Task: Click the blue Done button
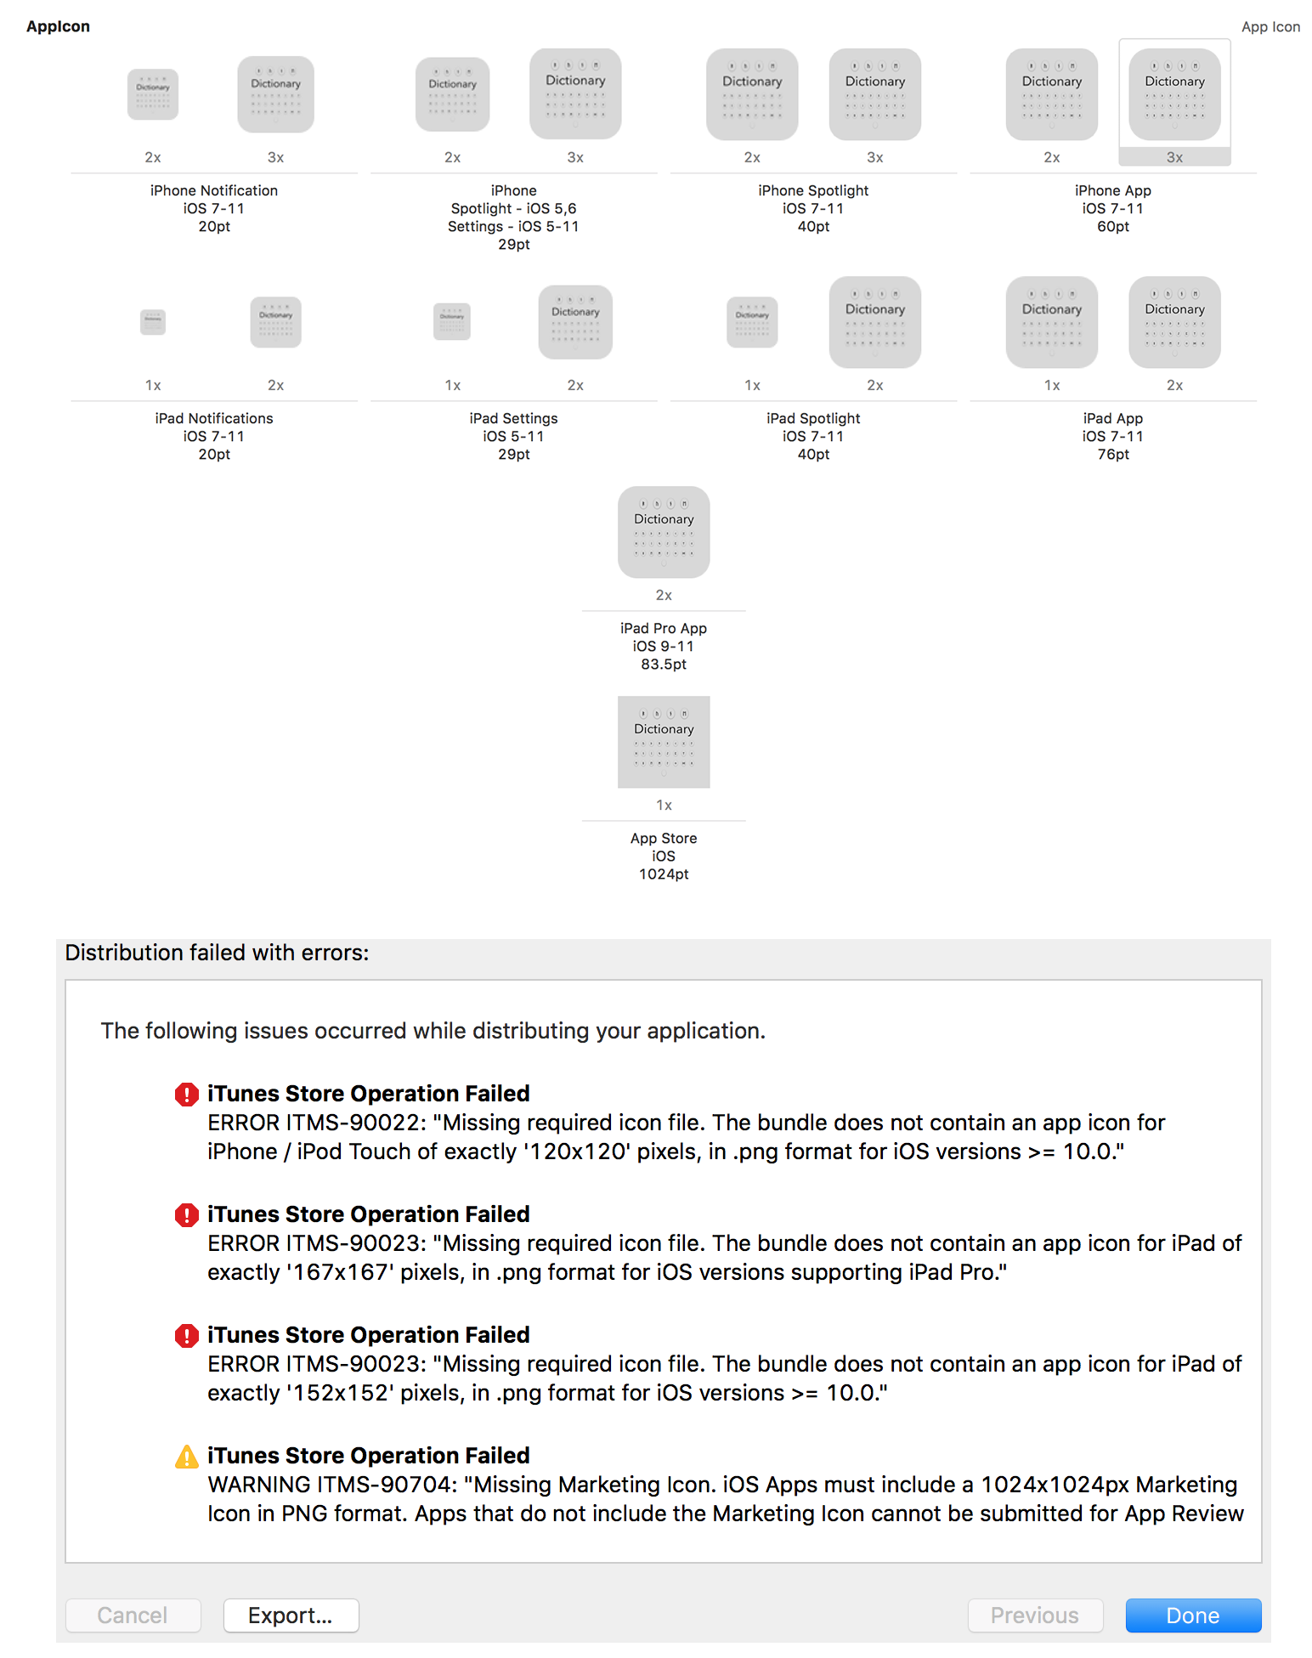pos(1192,1615)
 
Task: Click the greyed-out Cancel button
pos(133,1615)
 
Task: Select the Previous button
pos(1034,1615)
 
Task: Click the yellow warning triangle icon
pos(186,1457)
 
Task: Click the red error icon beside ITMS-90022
pos(186,1094)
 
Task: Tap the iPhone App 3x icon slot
pos(1174,94)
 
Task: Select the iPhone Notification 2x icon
pos(153,94)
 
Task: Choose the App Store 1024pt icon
pos(664,742)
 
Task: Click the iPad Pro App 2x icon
pos(664,532)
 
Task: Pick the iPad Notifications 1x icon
pos(153,322)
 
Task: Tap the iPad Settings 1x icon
pos(452,322)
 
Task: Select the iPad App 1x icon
pos(1052,322)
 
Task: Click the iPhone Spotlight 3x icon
pos(875,94)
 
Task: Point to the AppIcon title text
pos(58,26)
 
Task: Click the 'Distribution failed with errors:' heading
pos(217,953)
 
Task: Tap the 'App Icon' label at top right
pos(1270,26)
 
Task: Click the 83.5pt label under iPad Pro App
pos(664,664)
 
